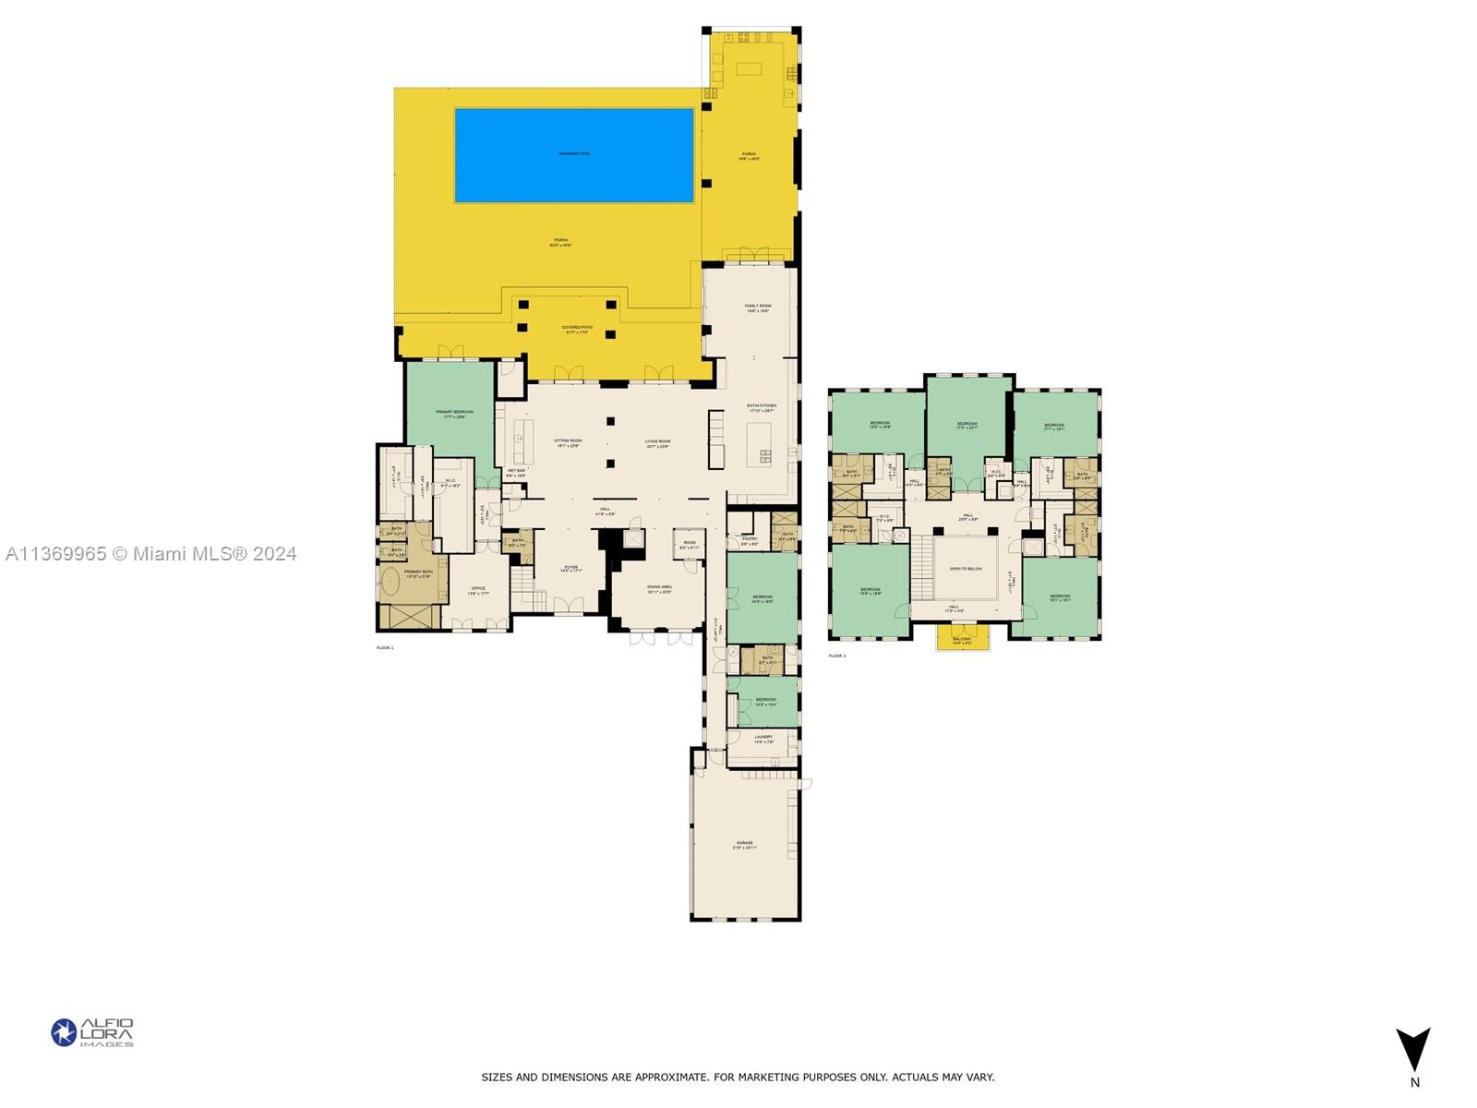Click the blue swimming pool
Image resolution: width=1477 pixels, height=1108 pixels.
(573, 155)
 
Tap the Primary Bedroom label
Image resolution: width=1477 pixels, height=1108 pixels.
(454, 414)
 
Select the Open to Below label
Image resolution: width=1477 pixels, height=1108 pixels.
(966, 569)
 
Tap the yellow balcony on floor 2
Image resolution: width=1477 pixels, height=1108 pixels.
(962, 638)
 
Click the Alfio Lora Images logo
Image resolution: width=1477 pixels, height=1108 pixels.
(92, 1032)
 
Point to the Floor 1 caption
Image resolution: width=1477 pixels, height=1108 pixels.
(385, 648)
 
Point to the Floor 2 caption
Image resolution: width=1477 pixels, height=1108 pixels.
(836, 656)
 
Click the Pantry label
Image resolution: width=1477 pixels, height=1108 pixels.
(750, 540)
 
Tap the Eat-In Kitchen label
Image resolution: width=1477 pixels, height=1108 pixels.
(762, 407)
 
